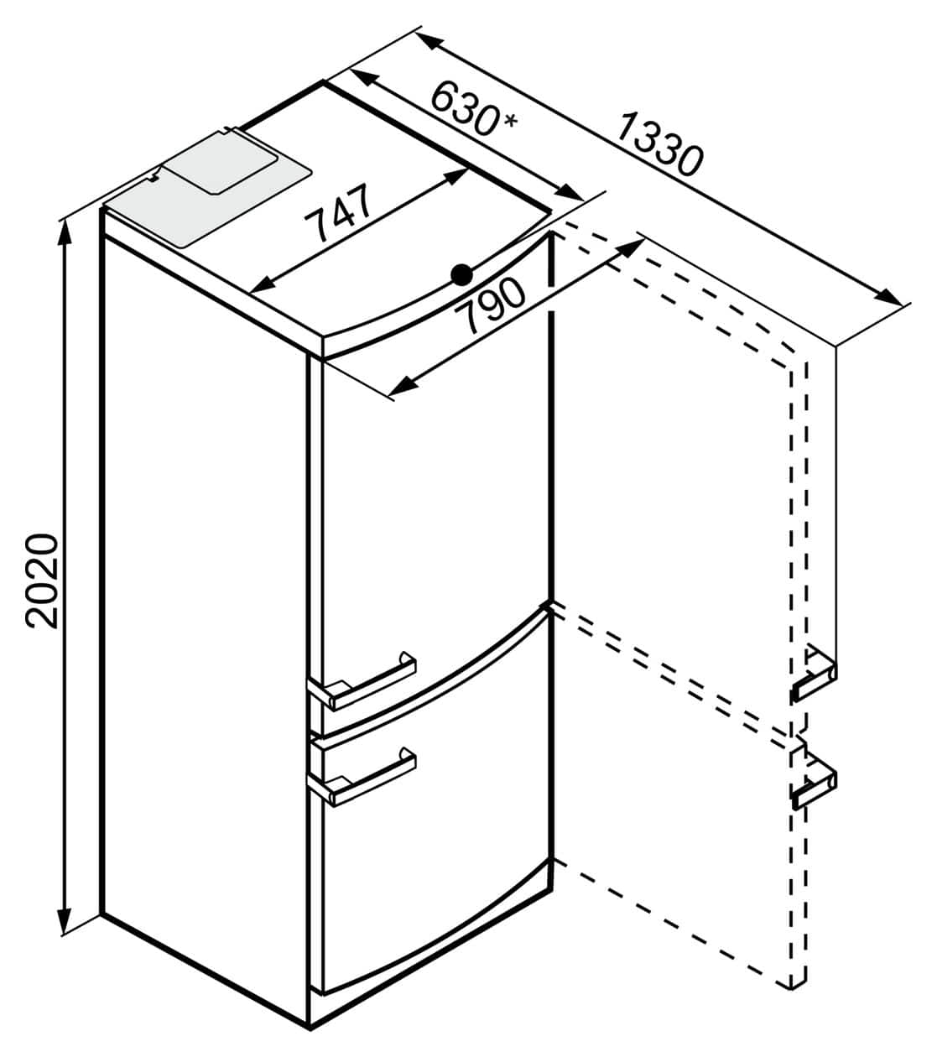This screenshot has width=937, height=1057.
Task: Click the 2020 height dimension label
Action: [x=42, y=581]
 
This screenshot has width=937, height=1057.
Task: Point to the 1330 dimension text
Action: [x=659, y=145]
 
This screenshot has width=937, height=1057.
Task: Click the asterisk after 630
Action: [x=510, y=121]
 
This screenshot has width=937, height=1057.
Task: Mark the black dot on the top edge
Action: [x=461, y=275]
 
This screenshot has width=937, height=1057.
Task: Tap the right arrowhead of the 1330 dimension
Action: [x=888, y=297]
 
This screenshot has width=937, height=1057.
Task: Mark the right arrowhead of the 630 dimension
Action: [x=568, y=192]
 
